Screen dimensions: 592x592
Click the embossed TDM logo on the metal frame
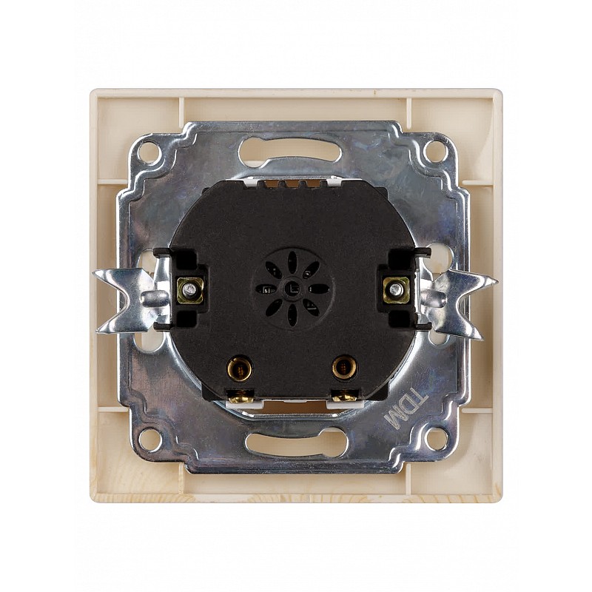[x=406, y=408]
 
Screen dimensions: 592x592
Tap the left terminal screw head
[x=190, y=290]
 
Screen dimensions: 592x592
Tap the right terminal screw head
[x=396, y=289]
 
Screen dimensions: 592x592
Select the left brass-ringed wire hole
[x=239, y=367]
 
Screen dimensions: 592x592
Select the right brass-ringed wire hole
[x=344, y=367]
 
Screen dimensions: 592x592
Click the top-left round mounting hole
[x=149, y=152]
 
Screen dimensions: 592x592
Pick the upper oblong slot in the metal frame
[x=289, y=149]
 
